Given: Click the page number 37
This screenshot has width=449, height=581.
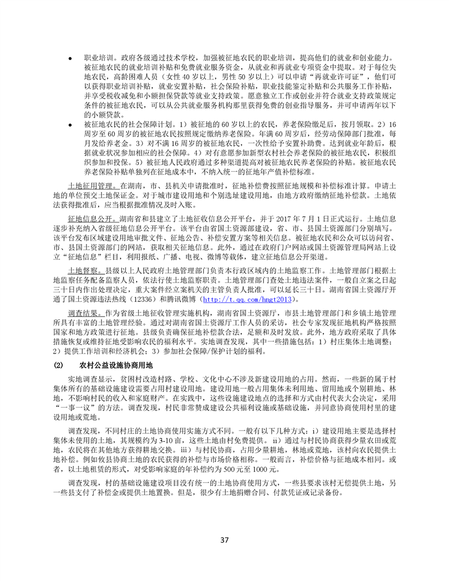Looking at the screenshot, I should click(224, 539).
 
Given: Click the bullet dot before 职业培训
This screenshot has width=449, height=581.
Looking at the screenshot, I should click(70, 58).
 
